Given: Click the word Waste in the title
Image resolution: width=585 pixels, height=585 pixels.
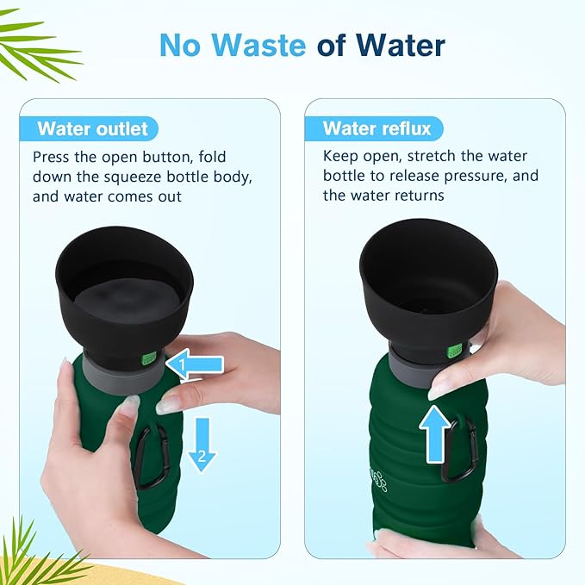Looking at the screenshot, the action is (259, 45).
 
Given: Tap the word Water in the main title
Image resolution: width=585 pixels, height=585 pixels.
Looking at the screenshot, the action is (401, 45).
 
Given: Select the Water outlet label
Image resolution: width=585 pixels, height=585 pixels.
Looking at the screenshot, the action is (92, 129).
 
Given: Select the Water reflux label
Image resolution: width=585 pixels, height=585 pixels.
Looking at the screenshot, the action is (377, 128).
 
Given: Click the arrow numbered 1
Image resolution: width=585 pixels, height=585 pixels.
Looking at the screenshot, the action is (195, 364).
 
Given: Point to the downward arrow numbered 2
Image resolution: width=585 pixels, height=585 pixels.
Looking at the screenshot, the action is (202, 445).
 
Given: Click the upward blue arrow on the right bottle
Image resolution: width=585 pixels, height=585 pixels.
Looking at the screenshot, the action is (434, 434).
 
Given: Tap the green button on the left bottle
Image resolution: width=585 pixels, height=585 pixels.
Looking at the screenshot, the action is (148, 359).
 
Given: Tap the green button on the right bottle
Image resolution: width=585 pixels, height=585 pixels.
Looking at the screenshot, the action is (455, 352).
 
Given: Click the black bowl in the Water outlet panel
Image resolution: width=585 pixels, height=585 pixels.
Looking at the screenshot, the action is (124, 292).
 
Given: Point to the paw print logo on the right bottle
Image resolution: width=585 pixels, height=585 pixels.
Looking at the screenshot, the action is (380, 482).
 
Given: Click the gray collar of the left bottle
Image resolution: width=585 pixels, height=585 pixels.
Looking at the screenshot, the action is (123, 377).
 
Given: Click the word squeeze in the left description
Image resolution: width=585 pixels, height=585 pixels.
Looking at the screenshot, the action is (133, 177).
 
